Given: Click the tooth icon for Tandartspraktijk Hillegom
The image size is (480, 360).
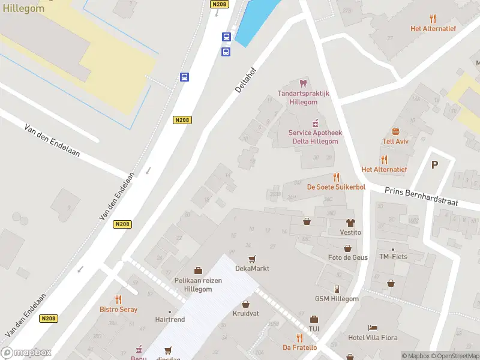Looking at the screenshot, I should tap(303, 83).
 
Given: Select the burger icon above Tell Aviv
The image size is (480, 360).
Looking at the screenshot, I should tap(395, 131).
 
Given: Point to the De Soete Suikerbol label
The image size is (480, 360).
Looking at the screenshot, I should tap(336, 187).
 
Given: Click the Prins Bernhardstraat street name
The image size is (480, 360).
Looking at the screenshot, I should tap(422, 194).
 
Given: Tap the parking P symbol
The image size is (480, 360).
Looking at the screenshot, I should tap(435, 164).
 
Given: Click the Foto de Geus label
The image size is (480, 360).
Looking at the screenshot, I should tap(347, 257).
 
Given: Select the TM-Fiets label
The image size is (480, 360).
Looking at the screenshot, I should tap(393, 257).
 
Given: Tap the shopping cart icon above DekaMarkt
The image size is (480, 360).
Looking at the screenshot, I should tap(252, 259).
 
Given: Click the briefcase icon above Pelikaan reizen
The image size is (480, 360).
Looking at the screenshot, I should tap(198, 271).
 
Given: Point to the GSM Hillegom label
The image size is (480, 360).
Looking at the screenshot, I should tap(337, 299).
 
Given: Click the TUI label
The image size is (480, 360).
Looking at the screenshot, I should tap(314, 329).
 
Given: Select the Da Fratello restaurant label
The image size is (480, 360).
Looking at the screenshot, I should tap(299, 347).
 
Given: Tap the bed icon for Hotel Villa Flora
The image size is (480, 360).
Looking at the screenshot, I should tap(373, 328).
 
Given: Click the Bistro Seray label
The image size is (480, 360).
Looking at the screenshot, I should tap(118, 310).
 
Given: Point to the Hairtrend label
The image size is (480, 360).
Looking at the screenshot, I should tap(170, 320).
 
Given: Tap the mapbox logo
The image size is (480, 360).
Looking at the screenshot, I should tap(26, 352).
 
